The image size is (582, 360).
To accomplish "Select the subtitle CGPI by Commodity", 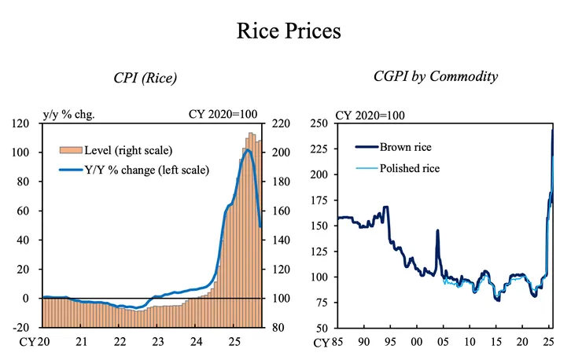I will [x=436, y=76].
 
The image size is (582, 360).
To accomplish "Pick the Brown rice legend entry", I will [x=405, y=147].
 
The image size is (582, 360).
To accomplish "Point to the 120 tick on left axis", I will [x=26, y=123].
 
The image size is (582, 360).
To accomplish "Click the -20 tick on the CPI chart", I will [x=26, y=328].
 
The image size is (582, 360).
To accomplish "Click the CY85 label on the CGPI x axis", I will [x=330, y=343].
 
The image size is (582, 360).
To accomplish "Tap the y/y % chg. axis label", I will [x=68, y=112].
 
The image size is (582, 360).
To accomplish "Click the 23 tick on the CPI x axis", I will [x=157, y=342].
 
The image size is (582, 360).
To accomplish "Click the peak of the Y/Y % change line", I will [x=247, y=150].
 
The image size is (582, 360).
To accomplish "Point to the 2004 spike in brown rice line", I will [x=437, y=230].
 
